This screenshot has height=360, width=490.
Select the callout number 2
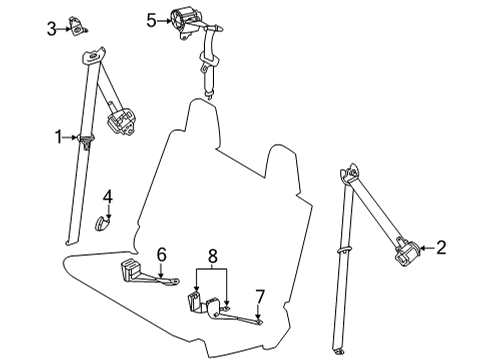click(x=440, y=247)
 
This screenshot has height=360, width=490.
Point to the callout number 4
click(x=109, y=195)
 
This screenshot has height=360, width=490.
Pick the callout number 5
click(x=151, y=19)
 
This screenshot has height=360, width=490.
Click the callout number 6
click(x=160, y=255)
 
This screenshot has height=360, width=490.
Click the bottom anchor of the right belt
click(x=345, y=351)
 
